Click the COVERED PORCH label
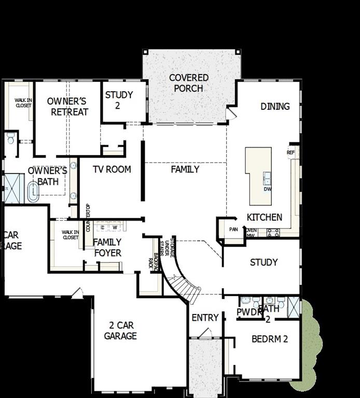(x=189, y=83)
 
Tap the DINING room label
(x=275, y=106)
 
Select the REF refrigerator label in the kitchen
(x=290, y=153)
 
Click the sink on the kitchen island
(x=267, y=179)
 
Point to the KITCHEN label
(x=265, y=217)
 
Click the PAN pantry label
(x=233, y=229)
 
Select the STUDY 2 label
(x=119, y=100)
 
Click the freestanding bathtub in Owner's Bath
(x=33, y=192)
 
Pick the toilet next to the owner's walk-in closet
(x=10, y=138)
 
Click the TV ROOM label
(x=112, y=169)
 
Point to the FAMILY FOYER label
(x=107, y=247)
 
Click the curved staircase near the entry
(x=179, y=280)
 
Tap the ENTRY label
(x=205, y=318)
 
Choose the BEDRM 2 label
(x=270, y=339)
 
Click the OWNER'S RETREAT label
(x=67, y=106)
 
